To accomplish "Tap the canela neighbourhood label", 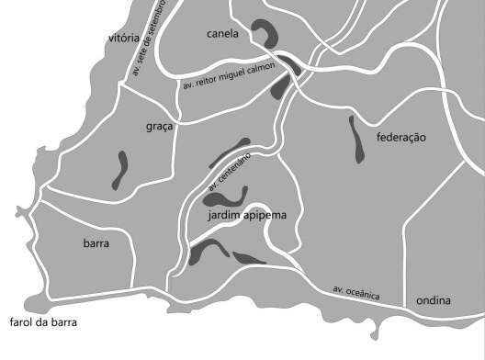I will click(x=222, y=34).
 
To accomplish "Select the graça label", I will click(x=159, y=127).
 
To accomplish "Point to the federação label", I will click(x=402, y=137).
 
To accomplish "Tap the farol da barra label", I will click(x=43, y=322).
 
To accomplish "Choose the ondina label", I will click(x=433, y=300).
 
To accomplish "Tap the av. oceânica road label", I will click(x=368, y=293).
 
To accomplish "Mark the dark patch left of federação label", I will click(x=355, y=140).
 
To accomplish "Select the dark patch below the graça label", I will click(x=119, y=170).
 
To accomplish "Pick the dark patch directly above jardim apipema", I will click(x=227, y=196).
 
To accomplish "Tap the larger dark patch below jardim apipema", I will click(x=208, y=250).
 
